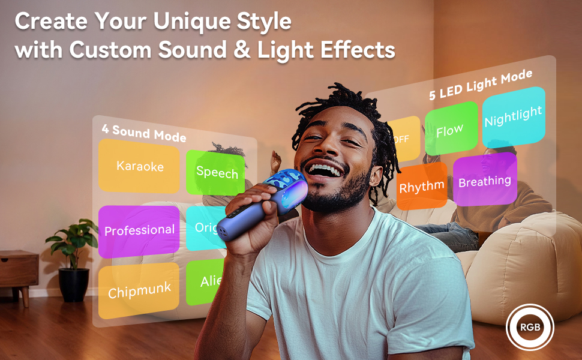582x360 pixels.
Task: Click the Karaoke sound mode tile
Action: click(x=139, y=166)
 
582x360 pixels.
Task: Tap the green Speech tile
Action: click(x=216, y=173)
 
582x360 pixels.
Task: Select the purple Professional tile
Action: click(x=139, y=230)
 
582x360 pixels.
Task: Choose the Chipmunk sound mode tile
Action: click(x=139, y=291)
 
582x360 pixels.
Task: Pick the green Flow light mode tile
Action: click(x=451, y=129)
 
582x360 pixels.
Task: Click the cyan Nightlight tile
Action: click(x=513, y=116)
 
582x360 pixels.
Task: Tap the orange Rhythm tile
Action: click(x=421, y=186)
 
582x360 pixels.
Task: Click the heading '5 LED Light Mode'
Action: click(x=481, y=85)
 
